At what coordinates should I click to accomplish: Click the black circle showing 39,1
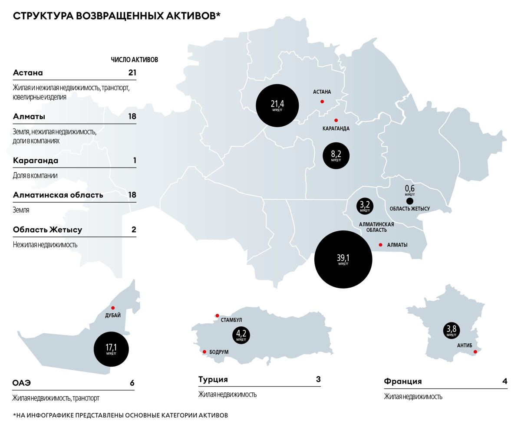[x=343, y=260]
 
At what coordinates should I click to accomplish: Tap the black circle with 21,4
[x=277, y=105]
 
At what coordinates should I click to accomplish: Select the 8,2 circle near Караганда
[x=336, y=155]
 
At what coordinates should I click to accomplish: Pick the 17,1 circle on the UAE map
[x=111, y=349]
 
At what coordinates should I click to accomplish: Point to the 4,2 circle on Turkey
[x=241, y=335]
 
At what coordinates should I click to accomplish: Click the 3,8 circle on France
[x=452, y=330]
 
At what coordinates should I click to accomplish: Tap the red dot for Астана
[x=322, y=102]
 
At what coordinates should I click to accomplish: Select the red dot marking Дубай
[x=113, y=308]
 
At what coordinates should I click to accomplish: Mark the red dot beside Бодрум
[x=204, y=352]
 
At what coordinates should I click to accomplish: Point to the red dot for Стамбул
[x=217, y=316]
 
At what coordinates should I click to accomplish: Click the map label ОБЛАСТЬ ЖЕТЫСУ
[x=409, y=209]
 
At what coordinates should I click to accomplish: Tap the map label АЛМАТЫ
[x=397, y=245]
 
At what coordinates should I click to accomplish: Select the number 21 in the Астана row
[x=132, y=73]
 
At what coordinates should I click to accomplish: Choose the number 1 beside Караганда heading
[x=135, y=161]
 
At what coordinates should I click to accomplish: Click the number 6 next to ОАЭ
[x=132, y=383]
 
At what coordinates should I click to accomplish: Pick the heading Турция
[x=213, y=380]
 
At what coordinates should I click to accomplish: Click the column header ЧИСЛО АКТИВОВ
[x=134, y=60]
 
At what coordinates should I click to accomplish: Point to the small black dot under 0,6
[x=409, y=201]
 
